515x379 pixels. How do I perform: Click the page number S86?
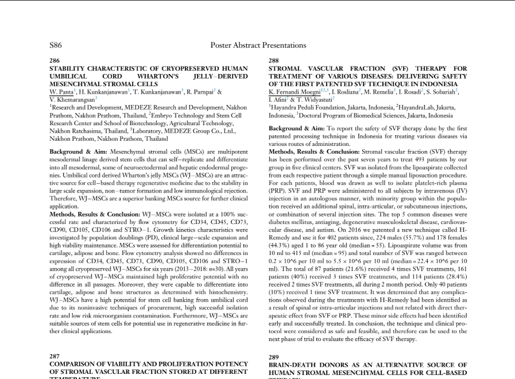coord(56,45)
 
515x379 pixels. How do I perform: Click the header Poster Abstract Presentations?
coord(258,45)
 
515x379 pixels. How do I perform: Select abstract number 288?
coord(274,60)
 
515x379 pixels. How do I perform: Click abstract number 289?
coord(274,357)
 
